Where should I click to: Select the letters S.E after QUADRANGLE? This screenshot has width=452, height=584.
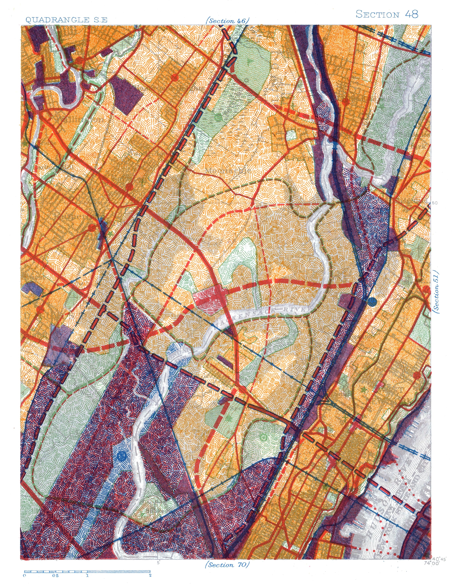(100, 20)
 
